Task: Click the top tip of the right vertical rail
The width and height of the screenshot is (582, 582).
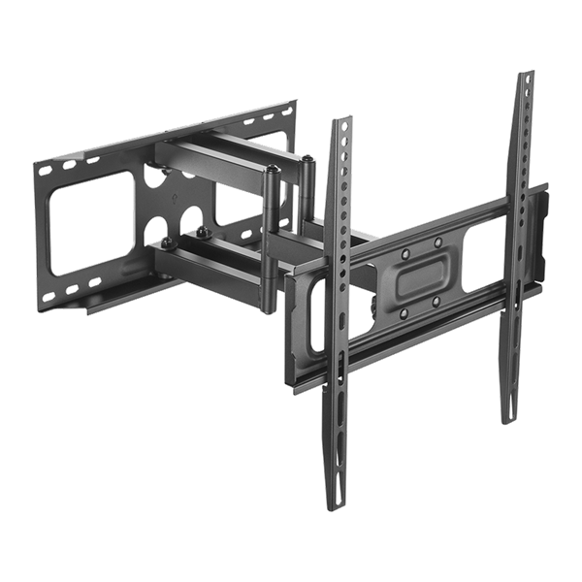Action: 525,74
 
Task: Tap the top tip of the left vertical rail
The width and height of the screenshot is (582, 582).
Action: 340,120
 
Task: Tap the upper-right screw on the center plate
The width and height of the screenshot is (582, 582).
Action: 437,241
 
